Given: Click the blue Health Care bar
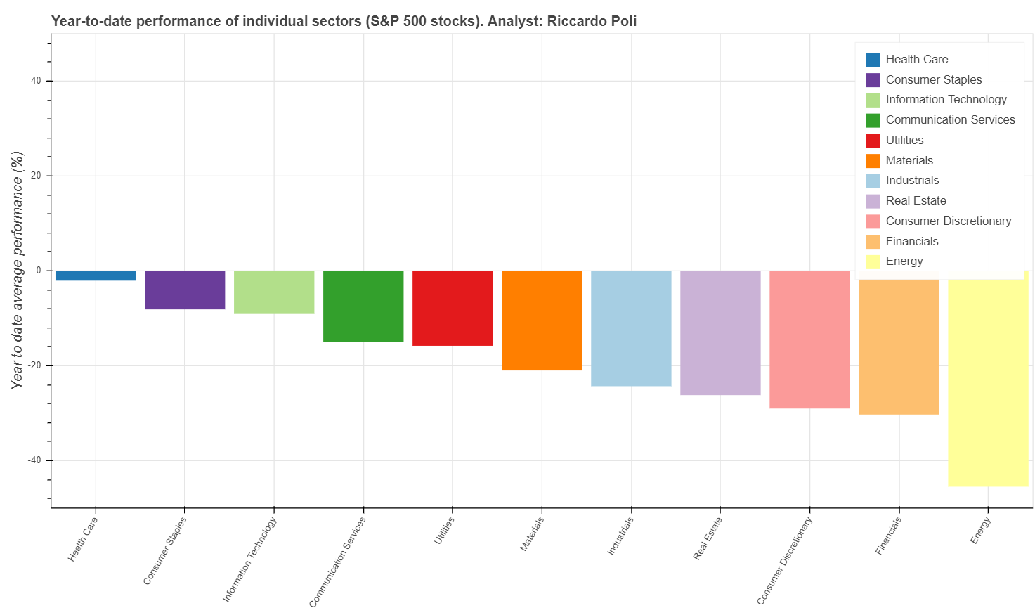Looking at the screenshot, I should [96, 276].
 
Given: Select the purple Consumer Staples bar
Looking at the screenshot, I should [185, 290].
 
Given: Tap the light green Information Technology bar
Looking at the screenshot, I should [274, 292].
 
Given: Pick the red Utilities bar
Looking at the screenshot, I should [453, 308].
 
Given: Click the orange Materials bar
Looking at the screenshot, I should [542, 320].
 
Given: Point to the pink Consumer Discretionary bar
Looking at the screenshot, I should [809, 339].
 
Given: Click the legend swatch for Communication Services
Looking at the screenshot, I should [873, 120].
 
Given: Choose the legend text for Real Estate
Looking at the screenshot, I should [916, 201].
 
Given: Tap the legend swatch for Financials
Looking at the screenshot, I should [873, 242].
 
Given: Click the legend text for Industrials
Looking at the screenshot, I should [912, 181].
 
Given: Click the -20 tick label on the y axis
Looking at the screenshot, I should [34, 365].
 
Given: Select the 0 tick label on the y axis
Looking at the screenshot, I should [39, 271].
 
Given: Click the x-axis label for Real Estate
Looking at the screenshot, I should [708, 538].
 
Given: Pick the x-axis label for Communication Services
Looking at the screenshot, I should [338, 562].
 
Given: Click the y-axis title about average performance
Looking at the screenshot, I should [18, 270].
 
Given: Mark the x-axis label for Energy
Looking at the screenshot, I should [980, 530].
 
